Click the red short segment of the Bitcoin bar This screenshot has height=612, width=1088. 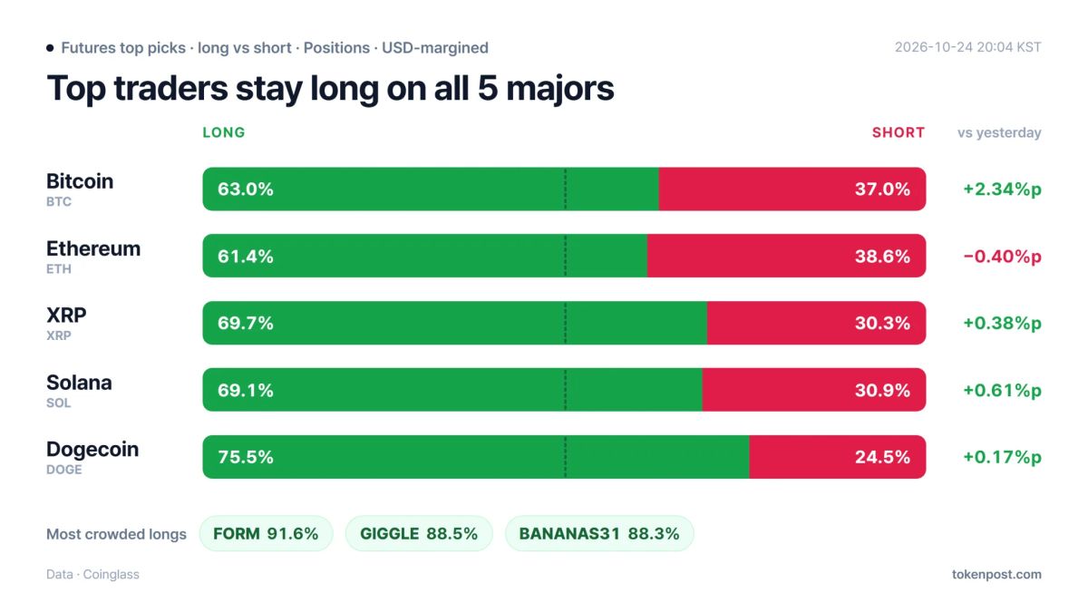(x=792, y=189)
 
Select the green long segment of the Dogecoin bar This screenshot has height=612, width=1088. (x=476, y=457)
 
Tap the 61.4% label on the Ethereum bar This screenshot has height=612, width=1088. (x=246, y=256)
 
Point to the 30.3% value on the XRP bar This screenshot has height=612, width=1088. (x=882, y=323)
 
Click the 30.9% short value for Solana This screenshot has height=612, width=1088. (x=882, y=390)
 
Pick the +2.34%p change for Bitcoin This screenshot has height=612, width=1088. (x=1002, y=189)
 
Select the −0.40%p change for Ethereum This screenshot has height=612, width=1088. (x=1002, y=257)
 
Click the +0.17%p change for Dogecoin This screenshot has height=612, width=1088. (x=1002, y=457)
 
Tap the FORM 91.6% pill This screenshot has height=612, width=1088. (x=267, y=533)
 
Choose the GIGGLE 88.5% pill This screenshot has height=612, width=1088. (x=419, y=533)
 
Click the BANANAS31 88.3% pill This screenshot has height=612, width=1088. (x=599, y=533)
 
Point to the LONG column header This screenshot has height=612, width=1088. (x=224, y=132)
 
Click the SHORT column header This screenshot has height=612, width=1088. (x=899, y=132)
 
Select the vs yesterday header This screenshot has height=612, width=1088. (x=999, y=133)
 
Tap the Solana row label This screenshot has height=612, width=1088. (x=79, y=383)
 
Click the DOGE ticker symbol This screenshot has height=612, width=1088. (x=64, y=470)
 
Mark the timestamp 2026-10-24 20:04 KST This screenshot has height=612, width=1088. (x=968, y=47)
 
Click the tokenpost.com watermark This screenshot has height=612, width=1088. (x=996, y=574)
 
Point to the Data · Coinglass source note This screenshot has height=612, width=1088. (x=92, y=574)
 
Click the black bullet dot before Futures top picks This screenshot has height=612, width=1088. (x=50, y=47)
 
